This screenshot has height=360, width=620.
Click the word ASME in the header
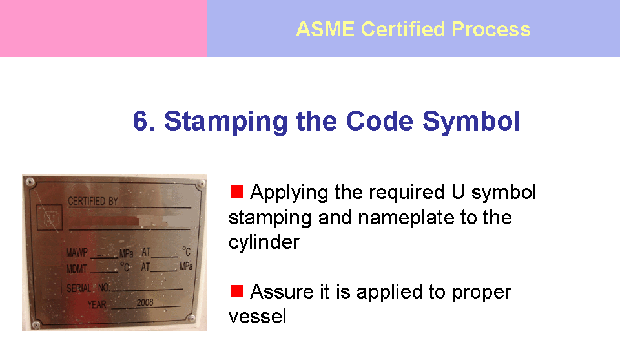point(325,29)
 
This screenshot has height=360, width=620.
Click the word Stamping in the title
point(226,122)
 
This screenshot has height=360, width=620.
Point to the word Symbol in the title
point(471,122)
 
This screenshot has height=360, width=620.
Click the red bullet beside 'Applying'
point(236,191)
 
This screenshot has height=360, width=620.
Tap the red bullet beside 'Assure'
point(236,291)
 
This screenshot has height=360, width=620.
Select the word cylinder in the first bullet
point(264,242)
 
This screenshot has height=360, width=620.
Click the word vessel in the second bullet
point(258,317)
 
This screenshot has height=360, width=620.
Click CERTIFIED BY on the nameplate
point(93,201)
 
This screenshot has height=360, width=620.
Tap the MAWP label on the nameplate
point(77,253)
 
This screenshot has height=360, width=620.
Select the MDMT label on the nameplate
point(76,269)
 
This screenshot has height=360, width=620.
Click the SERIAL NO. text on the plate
point(88,288)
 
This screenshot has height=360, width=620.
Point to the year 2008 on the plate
point(145,302)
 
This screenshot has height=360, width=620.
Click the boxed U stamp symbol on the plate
point(50,217)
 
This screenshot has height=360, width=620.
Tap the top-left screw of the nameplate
point(30,182)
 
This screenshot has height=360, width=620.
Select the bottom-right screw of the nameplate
point(191,318)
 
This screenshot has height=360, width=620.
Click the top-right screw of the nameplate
point(201,184)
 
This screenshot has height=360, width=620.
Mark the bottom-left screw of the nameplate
point(36,324)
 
